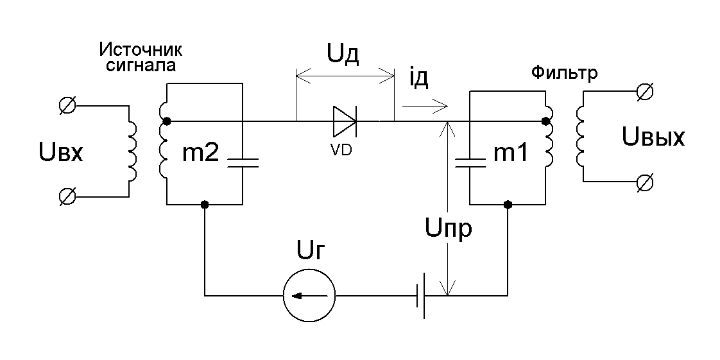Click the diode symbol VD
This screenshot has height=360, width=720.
pyautogui.click(x=345, y=121)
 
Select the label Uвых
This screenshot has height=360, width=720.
pyautogui.click(x=653, y=137)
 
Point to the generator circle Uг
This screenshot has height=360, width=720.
pyautogui.click(x=309, y=296)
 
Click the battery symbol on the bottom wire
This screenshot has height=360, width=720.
pyautogui.click(x=420, y=296)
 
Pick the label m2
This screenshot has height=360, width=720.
pyautogui.click(x=201, y=155)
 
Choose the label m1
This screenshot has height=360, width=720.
pyautogui.click(x=510, y=154)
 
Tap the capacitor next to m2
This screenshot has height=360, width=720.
pyautogui.click(x=242, y=162)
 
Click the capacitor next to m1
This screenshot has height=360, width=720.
pyautogui.click(x=470, y=162)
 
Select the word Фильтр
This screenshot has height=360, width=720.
pyautogui.click(x=564, y=73)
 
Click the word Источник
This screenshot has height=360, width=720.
pyautogui.click(x=141, y=49)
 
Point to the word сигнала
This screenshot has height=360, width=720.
pyautogui.click(x=141, y=65)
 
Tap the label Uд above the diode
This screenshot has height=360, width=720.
pyautogui.click(x=343, y=55)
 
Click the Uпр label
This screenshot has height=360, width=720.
pyautogui.click(x=448, y=228)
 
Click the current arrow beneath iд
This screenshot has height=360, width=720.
pyautogui.click(x=425, y=106)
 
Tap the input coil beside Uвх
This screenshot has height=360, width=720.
pyautogui.click(x=132, y=151)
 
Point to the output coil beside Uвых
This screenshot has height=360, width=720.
pyautogui.click(x=579, y=137)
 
